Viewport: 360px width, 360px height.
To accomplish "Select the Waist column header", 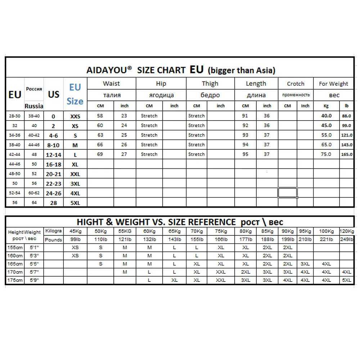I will tap(111, 84).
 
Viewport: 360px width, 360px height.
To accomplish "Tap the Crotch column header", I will tap(296, 84).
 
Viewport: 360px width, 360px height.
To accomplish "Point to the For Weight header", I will tap(333, 84).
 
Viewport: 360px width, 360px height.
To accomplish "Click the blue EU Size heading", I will tap(75, 94).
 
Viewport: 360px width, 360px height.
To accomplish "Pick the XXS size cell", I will tap(75, 116).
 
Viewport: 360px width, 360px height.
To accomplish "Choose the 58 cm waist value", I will tap(100, 116).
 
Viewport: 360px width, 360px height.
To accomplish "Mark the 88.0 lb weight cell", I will tap(346, 116).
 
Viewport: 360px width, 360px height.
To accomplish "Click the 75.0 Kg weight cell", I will tap(326, 154).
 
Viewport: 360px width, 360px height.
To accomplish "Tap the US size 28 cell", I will tap(54, 203).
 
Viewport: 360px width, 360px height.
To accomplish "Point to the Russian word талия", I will tap(111, 95).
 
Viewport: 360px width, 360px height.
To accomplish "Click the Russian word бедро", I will tap(210, 95).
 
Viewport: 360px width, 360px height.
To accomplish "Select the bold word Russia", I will tap(34, 106).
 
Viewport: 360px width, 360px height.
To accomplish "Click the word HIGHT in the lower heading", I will tap(90, 222).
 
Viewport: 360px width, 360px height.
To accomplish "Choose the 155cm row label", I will tap(15, 248).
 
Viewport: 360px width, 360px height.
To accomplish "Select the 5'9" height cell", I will tap(34, 280).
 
